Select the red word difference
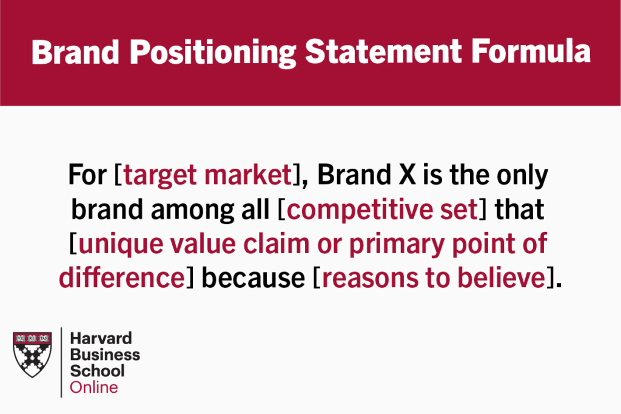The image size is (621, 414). click(x=121, y=277)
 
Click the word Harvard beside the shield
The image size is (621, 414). click(x=101, y=338)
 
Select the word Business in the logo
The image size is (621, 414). click(x=105, y=355)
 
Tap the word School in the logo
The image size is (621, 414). click(x=97, y=371)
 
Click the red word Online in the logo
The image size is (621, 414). click(x=94, y=387)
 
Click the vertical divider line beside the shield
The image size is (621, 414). click(x=61, y=362)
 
